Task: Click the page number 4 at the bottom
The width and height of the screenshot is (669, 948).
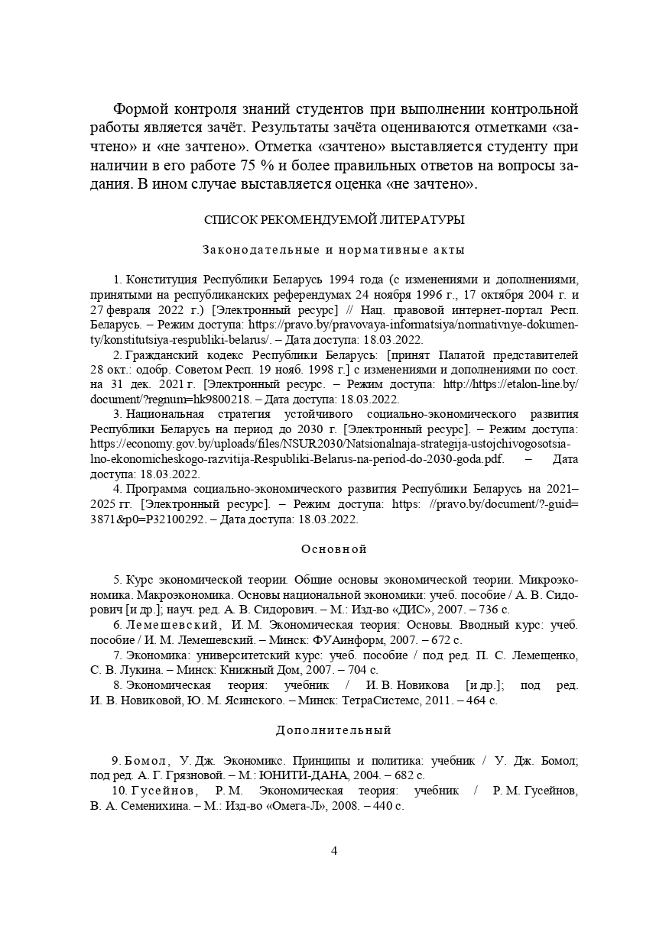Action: point(334,851)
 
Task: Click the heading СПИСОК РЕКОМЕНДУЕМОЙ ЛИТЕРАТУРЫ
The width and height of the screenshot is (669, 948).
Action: point(334,220)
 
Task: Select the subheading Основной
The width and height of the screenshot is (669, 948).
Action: point(334,549)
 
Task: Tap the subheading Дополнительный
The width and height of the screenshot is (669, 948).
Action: point(334,730)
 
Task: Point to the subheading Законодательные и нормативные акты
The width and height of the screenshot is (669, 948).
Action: point(334,250)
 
